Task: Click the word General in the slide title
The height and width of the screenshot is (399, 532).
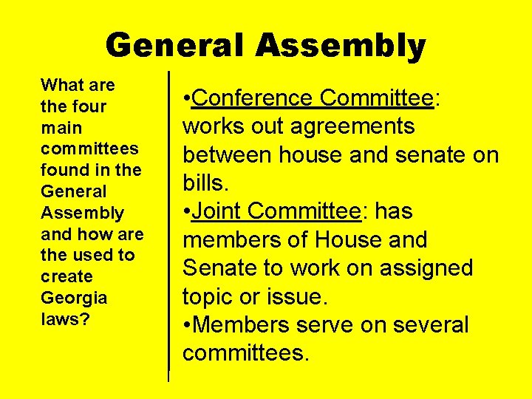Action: point(174,45)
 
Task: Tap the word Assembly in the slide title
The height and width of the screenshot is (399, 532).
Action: point(341,47)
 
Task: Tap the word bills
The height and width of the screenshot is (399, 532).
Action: point(206,183)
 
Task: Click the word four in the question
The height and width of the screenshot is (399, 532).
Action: point(88,106)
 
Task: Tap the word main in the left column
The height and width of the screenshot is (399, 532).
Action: point(61,128)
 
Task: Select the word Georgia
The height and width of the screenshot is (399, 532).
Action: point(74,298)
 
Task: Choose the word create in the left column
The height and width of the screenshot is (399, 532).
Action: point(66,276)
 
